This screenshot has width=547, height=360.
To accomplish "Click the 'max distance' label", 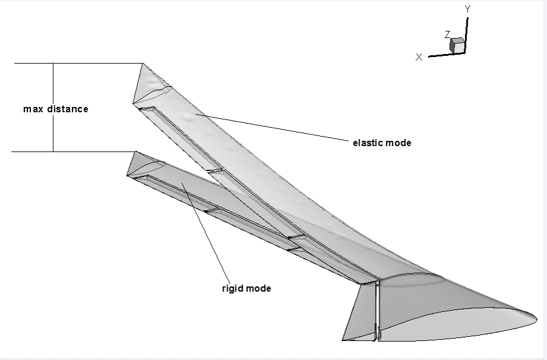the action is (x=56, y=109).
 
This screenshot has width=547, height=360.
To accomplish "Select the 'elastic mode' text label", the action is (x=382, y=143).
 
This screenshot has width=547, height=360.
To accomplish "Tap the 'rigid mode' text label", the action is (x=247, y=289).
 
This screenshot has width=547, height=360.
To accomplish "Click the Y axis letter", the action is (x=468, y=10).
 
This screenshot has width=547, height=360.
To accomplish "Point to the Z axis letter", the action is (x=448, y=34).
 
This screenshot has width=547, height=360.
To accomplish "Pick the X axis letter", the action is (x=419, y=57).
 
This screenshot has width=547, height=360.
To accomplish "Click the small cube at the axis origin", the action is (x=457, y=46).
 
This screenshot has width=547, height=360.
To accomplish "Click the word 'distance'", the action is (x=68, y=109).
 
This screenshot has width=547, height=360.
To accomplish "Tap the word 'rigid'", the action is (x=232, y=289).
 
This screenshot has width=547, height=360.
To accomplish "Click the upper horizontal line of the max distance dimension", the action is (x=79, y=64).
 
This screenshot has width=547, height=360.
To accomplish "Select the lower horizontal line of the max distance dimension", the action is (x=74, y=151).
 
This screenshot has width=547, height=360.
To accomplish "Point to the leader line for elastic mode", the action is (x=272, y=127).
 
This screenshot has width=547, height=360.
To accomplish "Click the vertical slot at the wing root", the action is (x=377, y=310).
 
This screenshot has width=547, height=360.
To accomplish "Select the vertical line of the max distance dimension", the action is (x=54, y=108).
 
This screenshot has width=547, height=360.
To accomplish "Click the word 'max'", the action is (x=33, y=109).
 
